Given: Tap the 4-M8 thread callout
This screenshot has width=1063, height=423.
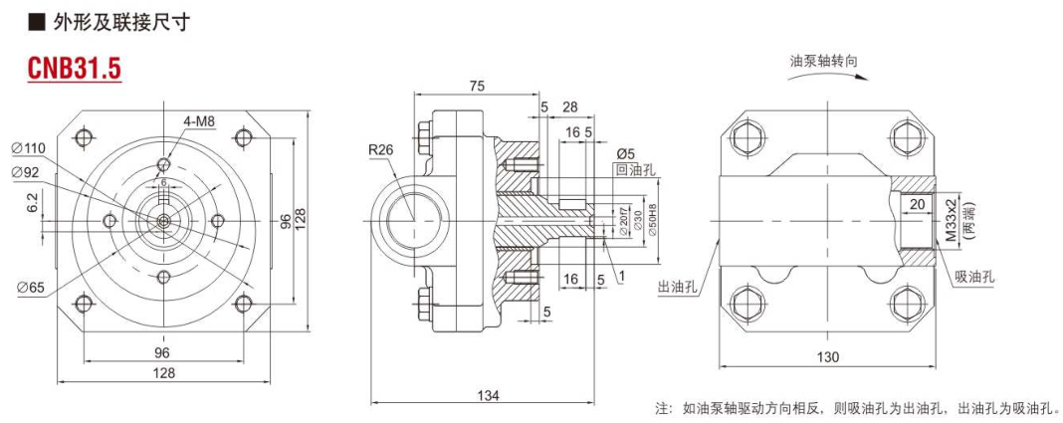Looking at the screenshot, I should pyautogui.click(x=199, y=121).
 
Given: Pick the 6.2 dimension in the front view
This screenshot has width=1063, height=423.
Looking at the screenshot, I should pyautogui.click(x=33, y=202).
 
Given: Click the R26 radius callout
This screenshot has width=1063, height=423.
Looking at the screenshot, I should pyautogui.click(x=381, y=151).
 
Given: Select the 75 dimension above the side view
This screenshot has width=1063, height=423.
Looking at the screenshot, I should pyautogui.click(x=477, y=87).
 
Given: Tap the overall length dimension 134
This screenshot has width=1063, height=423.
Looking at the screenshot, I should pyautogui.click(x=488, y=395).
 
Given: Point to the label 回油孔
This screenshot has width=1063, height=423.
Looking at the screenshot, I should pyautogui.click(x=636, y=170).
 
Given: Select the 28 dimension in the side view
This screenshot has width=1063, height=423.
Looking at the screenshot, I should pyautogui.click(x=570, y=106).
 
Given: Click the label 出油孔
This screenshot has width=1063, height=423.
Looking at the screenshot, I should pyautogui.click(x=677, y=286).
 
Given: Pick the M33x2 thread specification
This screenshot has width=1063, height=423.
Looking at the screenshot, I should pyautogui.click(x=950, y=220).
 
